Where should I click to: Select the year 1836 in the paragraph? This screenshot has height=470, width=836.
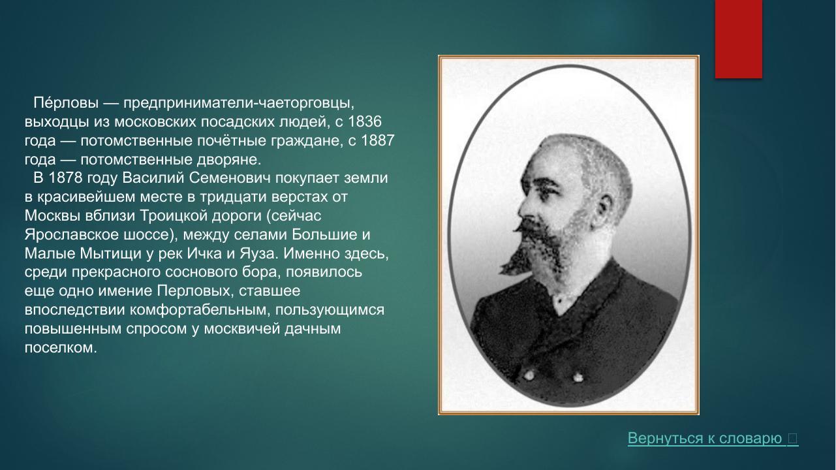pos(365,122)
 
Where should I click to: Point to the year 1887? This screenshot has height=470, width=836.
pos(377,141)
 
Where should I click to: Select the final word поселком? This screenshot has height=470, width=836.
pos(60,348)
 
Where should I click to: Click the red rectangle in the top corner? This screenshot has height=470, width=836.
pos(738,39)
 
